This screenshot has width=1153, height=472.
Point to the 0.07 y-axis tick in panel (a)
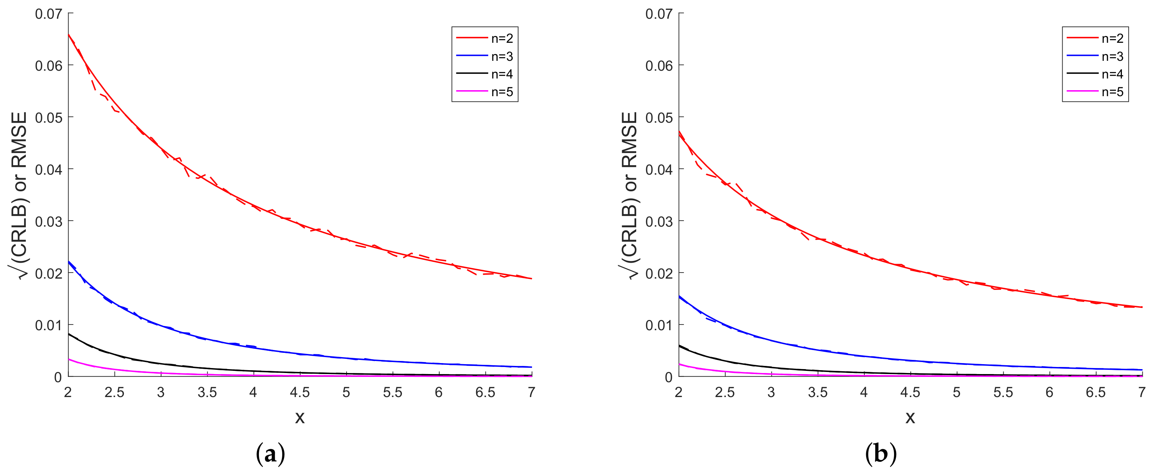click(x=48, y=14)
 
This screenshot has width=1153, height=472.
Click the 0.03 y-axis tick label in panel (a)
click(x=48, y=221)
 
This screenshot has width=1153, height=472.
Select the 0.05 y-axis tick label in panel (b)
click(x=659, y=118)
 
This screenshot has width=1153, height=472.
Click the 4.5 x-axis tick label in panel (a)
click(x=300, y=393)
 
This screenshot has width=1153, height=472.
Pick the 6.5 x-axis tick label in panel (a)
click(x=485, y=393)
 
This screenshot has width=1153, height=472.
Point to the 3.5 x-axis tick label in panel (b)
click(x=817, y=393)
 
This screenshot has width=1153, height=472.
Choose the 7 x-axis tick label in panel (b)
click(x=1142, y=393)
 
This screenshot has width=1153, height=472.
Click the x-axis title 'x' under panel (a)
click(x=300, y=417)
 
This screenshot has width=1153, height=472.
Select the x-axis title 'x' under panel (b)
click(x=910, y=417)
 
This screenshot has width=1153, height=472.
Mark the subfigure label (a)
click(x=270, y=454)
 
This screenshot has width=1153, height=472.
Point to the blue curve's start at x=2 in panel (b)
click(x=679, y=296)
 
